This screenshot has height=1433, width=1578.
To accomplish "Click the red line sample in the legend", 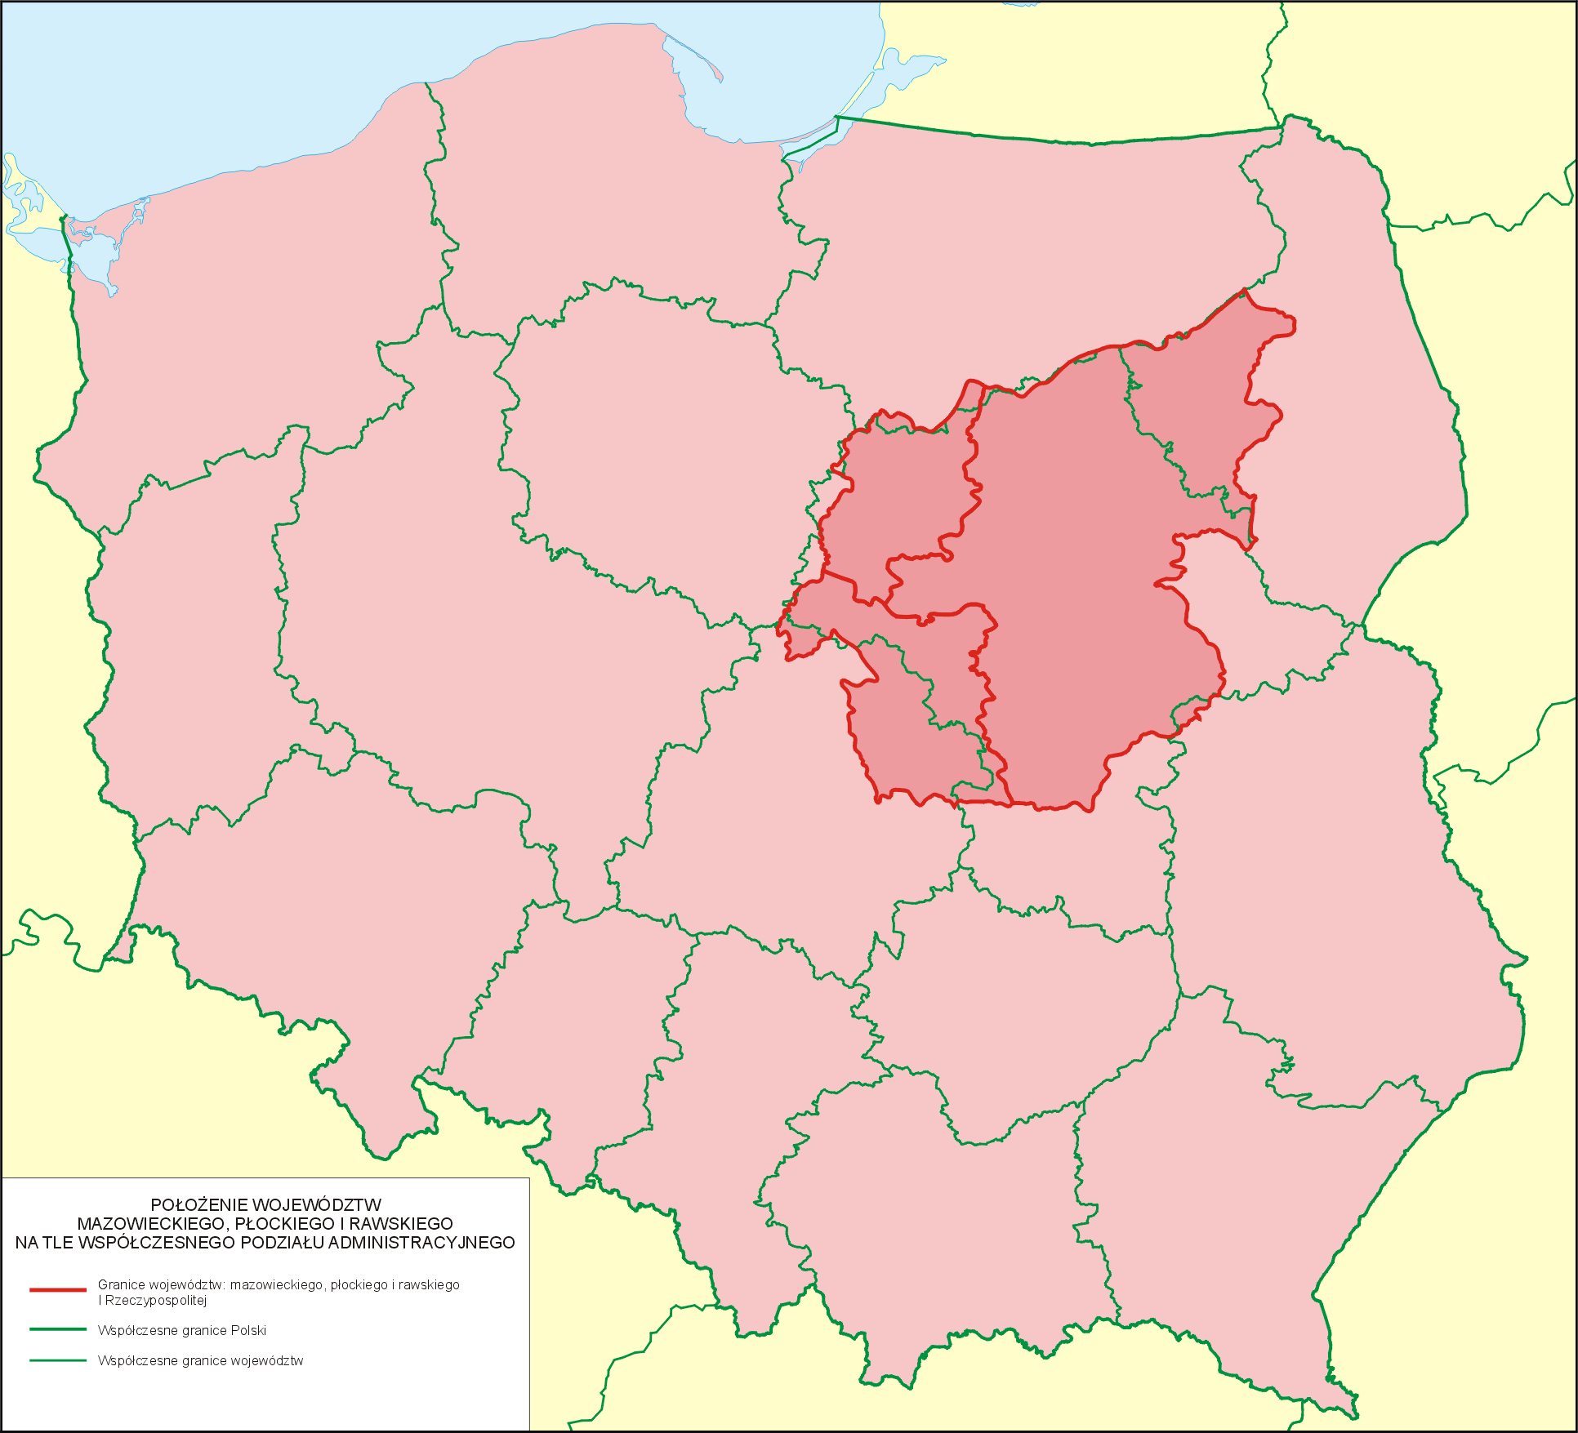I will [x=57, y=1290].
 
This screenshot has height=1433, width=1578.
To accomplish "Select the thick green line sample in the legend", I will [x=57, y=1329].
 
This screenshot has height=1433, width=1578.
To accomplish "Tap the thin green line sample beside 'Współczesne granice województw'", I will [x=57, y=1360].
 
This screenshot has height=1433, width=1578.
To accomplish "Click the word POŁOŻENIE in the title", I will [x=199, y=1205].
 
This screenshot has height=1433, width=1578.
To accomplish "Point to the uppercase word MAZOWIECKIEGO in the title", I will [x=149, y=1224].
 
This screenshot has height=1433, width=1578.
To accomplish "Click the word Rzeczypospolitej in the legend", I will [x=155, y=1300].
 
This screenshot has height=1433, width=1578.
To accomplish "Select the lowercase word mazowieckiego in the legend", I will [x=277, y=1285].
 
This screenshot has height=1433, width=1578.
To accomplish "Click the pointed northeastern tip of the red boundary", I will [x=1244, y=290].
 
